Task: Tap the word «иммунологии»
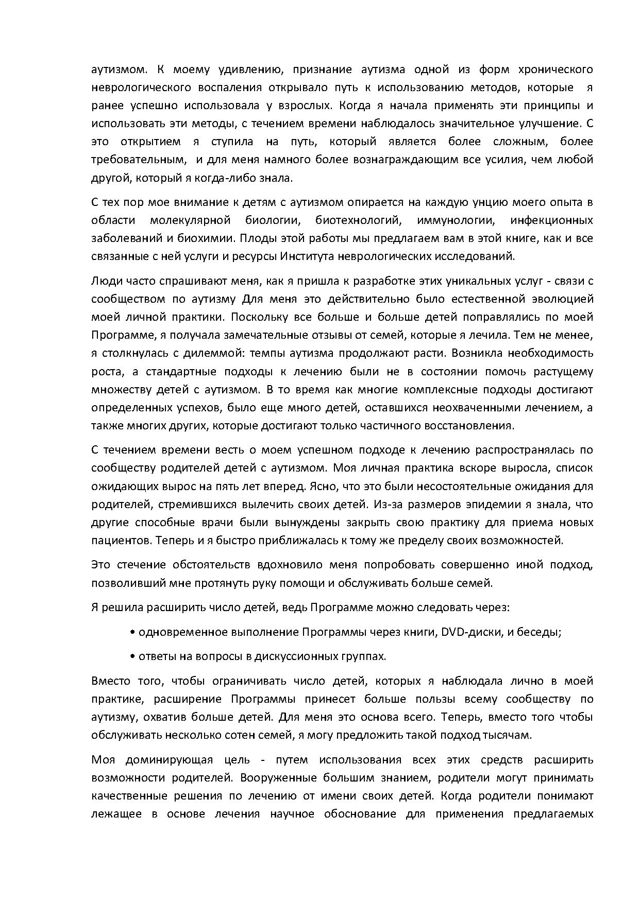pyautogui.click(x=456, y=220)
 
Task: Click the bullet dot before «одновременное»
pyautogui.click(x=133, y=633)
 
